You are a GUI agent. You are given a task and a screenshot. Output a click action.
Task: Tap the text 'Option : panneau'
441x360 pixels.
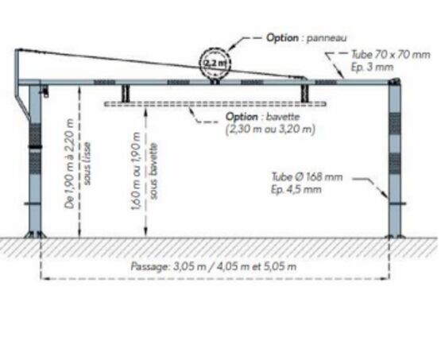(x=306, y=37)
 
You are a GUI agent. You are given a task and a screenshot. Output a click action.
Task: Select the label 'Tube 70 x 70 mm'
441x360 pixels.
(x=391, y=54)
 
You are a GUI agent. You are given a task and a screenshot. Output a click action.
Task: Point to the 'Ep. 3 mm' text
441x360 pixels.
(x=372, y=68)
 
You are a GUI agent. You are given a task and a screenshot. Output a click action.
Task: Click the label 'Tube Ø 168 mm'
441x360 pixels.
(x=308, y=177)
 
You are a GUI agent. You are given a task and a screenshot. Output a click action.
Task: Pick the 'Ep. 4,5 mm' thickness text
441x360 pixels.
(x=296, y=189)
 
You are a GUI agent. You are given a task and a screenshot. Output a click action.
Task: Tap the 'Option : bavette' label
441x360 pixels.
(x=263, y=117)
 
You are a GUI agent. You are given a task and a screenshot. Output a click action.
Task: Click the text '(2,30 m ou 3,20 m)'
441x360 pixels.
(x=270, y=130)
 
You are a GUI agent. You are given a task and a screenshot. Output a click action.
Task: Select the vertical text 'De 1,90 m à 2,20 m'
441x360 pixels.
(x=69, y=164)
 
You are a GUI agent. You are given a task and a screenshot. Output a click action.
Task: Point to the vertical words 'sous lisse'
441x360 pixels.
(x=87, y=164)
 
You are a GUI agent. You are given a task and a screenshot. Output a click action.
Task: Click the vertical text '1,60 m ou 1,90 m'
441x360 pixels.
(x=136, y=171)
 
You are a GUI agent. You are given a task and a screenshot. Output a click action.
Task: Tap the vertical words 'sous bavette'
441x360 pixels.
(x=153, y=172)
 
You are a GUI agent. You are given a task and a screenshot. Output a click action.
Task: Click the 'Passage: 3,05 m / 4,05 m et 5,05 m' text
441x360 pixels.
(x=214, y=266)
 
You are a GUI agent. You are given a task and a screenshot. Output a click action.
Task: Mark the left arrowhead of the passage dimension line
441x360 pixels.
(x=44, y=279)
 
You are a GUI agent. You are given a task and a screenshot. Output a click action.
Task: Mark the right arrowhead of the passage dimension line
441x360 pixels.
(x=386, y=279)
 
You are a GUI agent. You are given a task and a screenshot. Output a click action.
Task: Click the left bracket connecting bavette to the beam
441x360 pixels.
(x=126, y=93)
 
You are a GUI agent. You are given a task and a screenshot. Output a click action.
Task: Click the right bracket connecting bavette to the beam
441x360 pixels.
(x=304, y=93)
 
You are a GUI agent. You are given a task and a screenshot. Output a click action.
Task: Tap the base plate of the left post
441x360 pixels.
(x=35, y=235)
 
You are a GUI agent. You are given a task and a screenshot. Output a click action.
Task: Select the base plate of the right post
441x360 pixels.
(x=395, y=236)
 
